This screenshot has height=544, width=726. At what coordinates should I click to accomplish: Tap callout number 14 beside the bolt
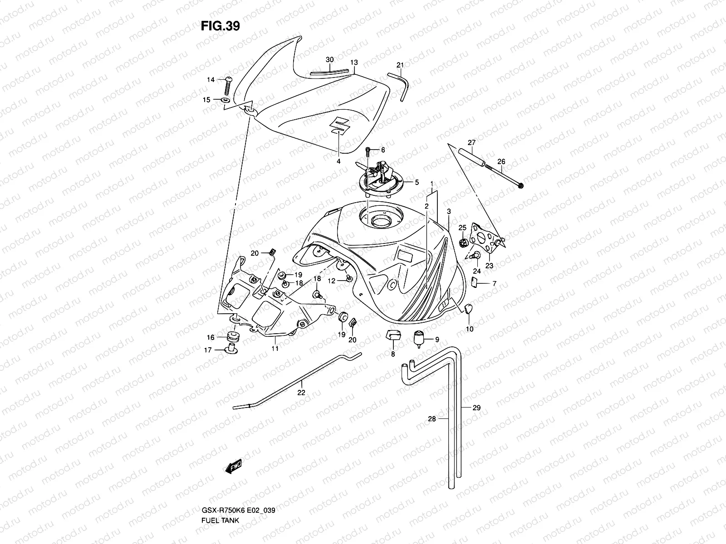223,80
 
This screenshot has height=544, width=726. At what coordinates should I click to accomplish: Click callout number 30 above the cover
330,60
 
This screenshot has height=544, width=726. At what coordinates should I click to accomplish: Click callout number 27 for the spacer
471,142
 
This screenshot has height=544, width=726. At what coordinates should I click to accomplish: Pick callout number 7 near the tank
494,284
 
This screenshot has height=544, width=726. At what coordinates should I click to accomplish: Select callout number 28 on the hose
432,419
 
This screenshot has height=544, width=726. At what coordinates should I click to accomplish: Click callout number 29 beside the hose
476,408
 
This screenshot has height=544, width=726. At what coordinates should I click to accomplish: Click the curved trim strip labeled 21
402,86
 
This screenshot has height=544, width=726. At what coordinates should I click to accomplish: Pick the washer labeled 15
226,100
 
